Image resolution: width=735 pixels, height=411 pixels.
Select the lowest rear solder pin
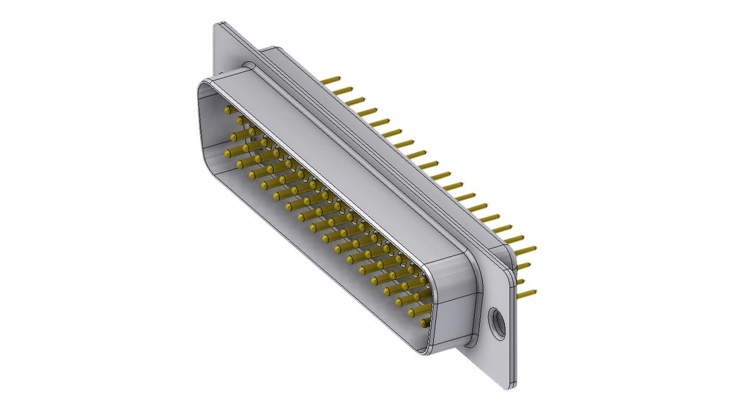pyautogui.click(x=527, y=293)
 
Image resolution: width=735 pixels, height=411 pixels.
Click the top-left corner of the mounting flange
pyautogui.click(x=218, y=26)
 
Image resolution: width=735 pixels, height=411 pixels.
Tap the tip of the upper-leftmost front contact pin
pyautogui.click(x=228, y=110)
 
